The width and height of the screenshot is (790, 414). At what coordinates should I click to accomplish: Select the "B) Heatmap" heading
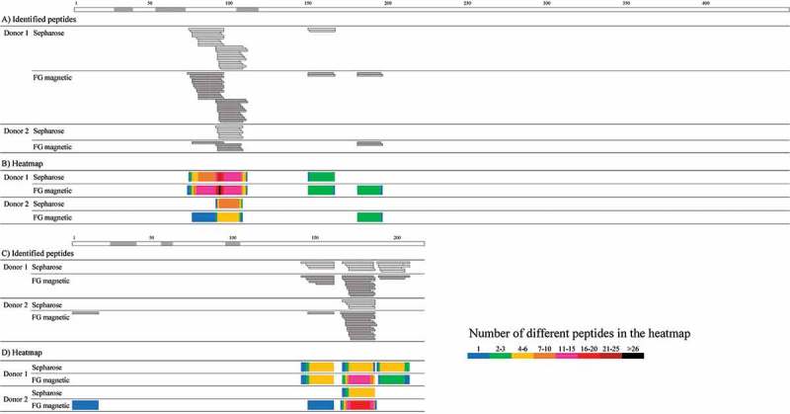(x=26, y=164)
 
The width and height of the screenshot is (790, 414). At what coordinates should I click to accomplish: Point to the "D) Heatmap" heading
(x=26, y=353)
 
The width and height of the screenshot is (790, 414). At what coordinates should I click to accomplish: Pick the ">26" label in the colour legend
(x=632, y=348)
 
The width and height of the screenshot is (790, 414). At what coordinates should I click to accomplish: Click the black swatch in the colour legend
(x=632, y=355)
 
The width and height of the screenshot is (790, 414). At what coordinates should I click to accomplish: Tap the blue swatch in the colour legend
(x=479, y=355)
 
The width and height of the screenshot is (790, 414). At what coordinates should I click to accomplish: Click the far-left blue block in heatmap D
(x=85, y=405)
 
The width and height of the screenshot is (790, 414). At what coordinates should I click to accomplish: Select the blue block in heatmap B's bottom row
(x=203, y=217)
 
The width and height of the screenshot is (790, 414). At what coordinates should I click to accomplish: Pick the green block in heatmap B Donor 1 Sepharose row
(x=321, y=177)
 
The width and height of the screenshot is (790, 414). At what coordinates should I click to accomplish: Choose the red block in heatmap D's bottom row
(x=359, y=405)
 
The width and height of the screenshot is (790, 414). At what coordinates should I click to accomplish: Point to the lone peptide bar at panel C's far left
(x=85, y=312)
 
